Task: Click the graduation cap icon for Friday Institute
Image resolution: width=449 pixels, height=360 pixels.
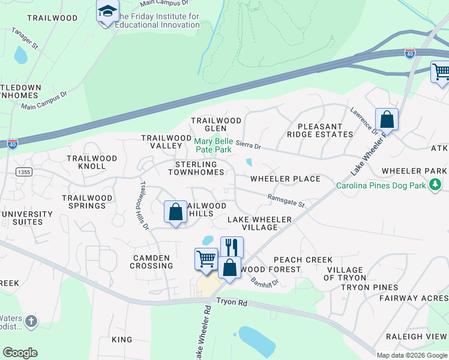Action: pyautogui.click(x=107, y=11)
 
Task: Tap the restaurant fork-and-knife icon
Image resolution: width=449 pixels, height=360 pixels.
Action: pyautogui.click(x=232, y=247)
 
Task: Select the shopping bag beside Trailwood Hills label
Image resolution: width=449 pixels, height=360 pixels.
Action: pyautogui.click(x=175, y=211)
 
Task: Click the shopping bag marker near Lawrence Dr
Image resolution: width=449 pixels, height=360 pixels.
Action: pyautogui.click(x=387, y=119)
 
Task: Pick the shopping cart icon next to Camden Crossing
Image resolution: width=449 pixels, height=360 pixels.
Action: pyautogui.click(x=205, y=259)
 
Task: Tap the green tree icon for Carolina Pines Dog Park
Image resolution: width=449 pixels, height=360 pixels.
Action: pyautogui.click(x=436, y=185)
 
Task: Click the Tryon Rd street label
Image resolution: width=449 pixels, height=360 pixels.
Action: pyautogui.click(x=232, y=302)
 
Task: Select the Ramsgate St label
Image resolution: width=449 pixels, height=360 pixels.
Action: pyautogui.click(x=286, y=200)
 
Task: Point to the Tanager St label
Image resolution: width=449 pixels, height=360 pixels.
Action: pyautogui.click(x=25, y=37)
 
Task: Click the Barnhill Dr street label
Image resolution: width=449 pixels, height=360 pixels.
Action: pyautogui.click(x=265, y=279)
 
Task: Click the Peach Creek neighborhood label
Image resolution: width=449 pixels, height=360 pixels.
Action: pyautogui.click(x=311, y=260)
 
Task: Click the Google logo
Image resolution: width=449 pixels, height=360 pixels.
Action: pyautogui.click(x=20, y=352)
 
